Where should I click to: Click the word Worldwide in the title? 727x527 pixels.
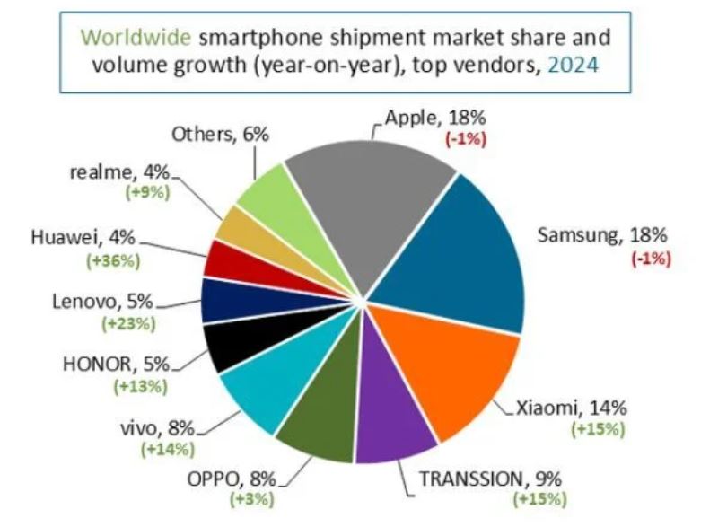point(136,37)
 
